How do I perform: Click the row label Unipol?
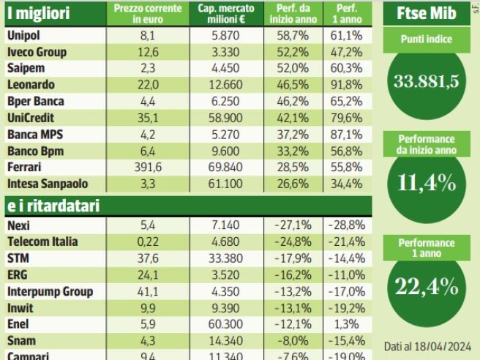[24, 35]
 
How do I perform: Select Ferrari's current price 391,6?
[148, 168]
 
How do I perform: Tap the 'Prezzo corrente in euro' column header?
[147, 13]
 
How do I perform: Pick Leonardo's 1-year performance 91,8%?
[346, 85]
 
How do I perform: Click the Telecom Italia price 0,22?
[148, 241]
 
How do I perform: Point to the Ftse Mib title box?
[427, 12]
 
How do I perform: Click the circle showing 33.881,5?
[427, 81]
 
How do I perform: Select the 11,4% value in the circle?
[427, 183]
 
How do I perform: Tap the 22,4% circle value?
[427, 287]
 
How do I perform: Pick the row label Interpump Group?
[50, 291]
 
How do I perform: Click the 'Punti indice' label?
[427, 40]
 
